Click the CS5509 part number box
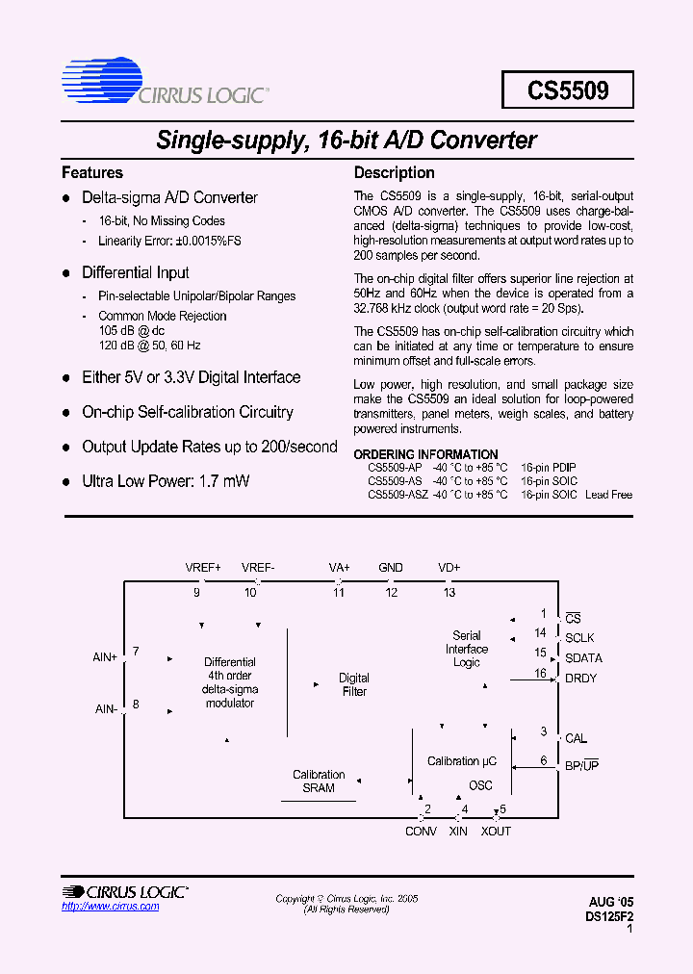568,90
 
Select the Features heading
92,173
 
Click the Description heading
395,173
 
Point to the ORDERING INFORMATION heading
426,454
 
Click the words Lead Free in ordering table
608,495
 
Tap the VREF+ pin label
203,568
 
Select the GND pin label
391,568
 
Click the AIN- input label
106,709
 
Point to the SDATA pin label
583,658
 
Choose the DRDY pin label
580,679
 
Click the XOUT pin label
496,832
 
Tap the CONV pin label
421,832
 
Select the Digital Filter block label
354,684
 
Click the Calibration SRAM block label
319,781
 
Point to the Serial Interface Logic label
467,649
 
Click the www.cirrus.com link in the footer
111,907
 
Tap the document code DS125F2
609,917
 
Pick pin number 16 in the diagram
541,673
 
